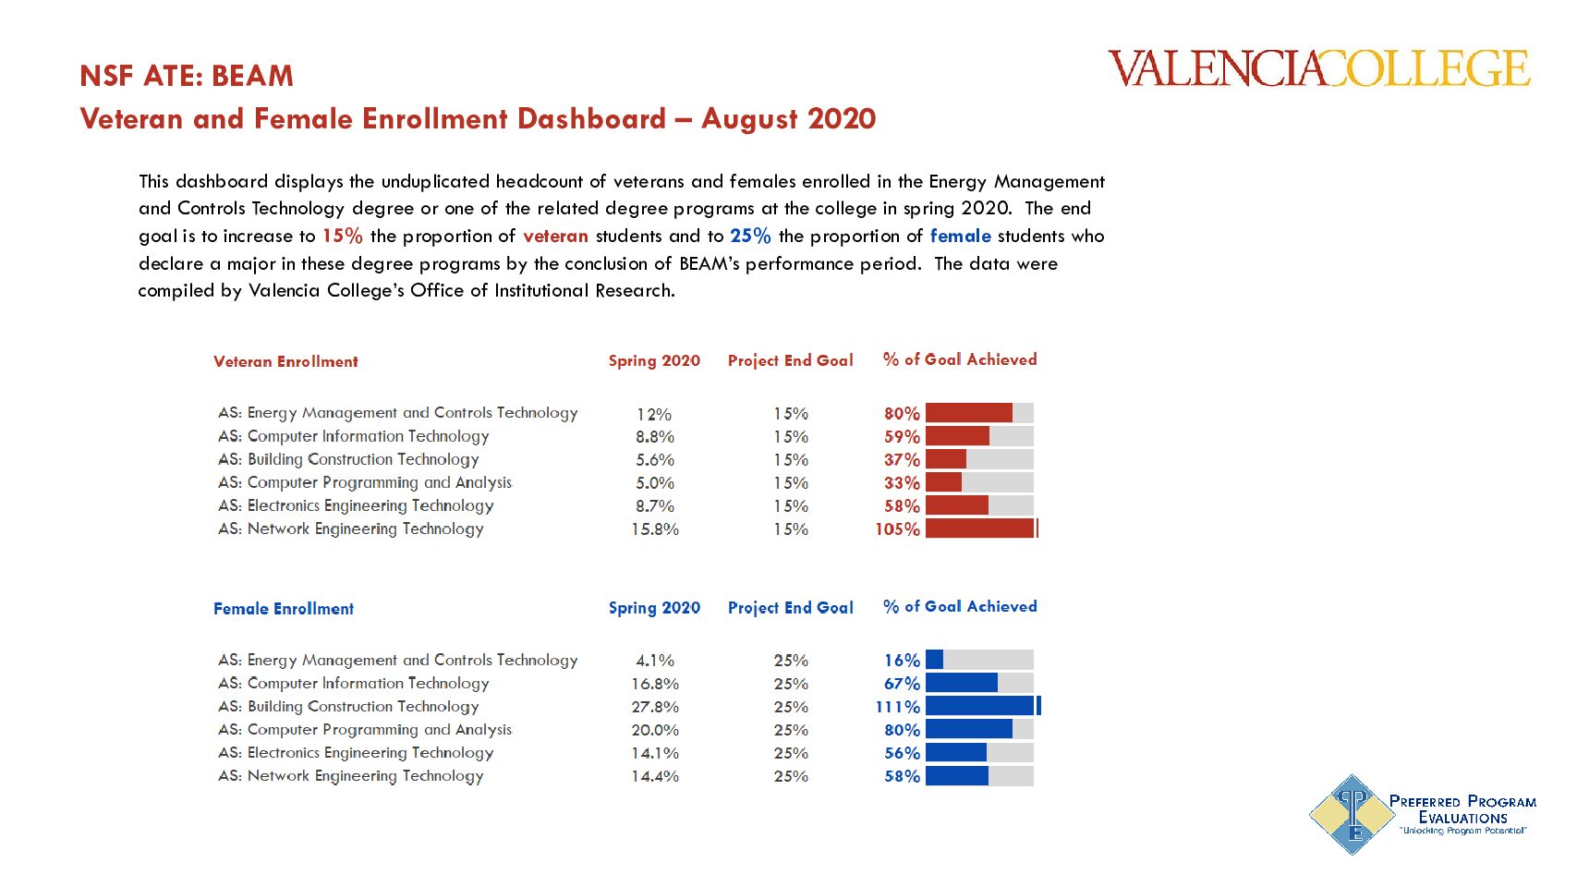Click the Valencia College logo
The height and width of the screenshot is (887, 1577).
pos(1318,69)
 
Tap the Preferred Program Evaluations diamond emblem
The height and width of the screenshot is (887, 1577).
pos(1353,814)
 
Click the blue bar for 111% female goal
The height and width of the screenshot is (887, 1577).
pos(981,706)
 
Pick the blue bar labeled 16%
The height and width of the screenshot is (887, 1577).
pos(934,660)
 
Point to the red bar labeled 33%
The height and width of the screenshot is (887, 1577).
pos(943,482)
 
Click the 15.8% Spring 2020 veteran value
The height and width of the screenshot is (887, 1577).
pos(655,529)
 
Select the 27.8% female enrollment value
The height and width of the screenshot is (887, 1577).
pos(655,707)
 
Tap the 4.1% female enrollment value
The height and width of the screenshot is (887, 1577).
pos(655,661)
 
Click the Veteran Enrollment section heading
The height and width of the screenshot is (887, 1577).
pos(285,361)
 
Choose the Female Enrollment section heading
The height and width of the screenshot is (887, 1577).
pos(284,609)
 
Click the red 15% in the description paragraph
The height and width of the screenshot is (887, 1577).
pos(342,236)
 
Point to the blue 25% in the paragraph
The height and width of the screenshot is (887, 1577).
pos(750,236)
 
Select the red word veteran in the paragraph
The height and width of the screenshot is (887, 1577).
pos(555,236)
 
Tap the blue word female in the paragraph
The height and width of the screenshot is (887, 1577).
pos(960,236)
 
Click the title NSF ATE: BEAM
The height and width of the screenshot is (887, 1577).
pos(187,76)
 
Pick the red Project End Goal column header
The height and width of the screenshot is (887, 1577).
pos(790,360)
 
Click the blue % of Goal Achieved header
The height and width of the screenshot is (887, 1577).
pos(960,606)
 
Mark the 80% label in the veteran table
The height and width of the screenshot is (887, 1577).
pos(902,413)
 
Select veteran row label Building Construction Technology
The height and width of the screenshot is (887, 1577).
pos(349,459)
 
